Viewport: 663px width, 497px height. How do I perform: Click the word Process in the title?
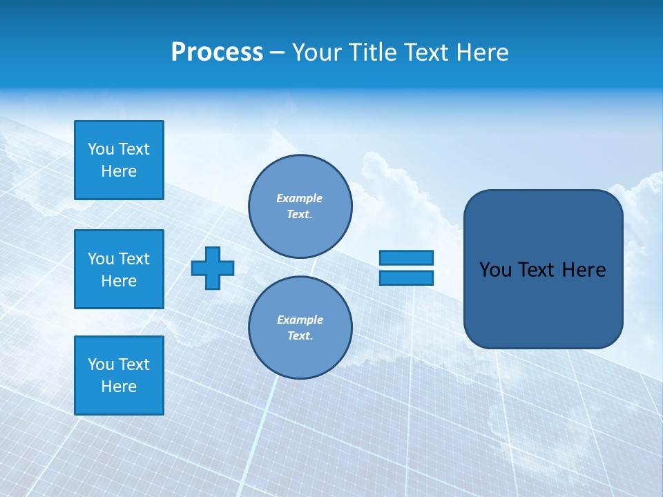pyautogui.click(x=217, y=52)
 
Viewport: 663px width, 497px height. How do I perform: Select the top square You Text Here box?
pyautogui.click(x=119, y=160)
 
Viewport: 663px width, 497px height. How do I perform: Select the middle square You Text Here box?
pyautogui.click(x=119, y=269)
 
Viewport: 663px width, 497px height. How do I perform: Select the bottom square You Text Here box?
pyautogui.click(x=119, y=376)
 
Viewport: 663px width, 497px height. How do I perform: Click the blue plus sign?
pyautogui.click(x=213, y=268)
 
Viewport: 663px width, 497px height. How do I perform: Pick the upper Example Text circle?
pyautogui.click(x=300, y=206)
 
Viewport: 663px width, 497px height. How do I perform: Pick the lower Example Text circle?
pyautogui.click(x=300, y=328)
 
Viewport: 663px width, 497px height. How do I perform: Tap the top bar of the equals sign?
pyautogui.click(x=406, y=258)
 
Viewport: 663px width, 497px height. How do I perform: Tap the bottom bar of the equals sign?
pyautogui.click(x=406, y=277)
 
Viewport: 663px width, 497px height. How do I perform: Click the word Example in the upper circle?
pyautogui.click(x=300, y=198)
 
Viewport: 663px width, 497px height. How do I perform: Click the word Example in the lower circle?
pyautogui.click(x=300, y=320)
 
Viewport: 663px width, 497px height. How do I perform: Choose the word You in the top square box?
pyautogui.click(x=101, y=149)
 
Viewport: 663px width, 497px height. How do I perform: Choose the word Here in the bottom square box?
pyautogui.click(x=119, y=387)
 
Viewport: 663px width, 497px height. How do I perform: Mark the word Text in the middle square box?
pyautogui.click(x=134, y=259)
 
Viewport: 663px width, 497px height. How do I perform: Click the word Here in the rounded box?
pyautogui.click(x=584, y=270)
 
